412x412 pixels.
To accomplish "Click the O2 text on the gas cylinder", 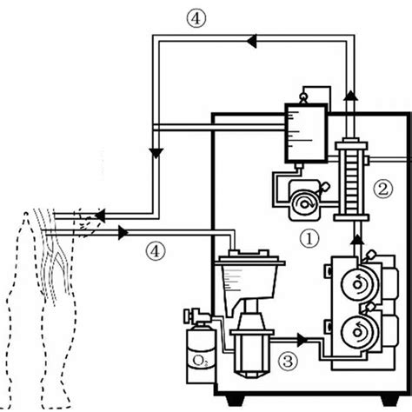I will pos(197,356).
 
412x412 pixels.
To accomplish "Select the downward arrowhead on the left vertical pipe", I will pos(154,153).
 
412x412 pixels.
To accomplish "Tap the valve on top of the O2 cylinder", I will pos(189,315).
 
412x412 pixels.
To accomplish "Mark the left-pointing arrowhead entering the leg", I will pos(102,212).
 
